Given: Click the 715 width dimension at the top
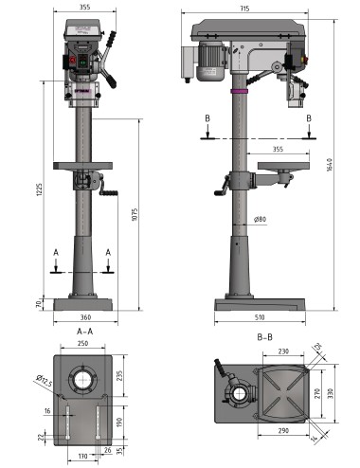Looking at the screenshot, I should [244, 9].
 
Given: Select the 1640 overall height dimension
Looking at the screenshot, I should [329, 167].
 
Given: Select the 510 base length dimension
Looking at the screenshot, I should [260, 317].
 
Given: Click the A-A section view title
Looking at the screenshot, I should [84, 332].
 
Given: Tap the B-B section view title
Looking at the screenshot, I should [265, 336].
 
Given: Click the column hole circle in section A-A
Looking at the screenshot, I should [84, 380].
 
